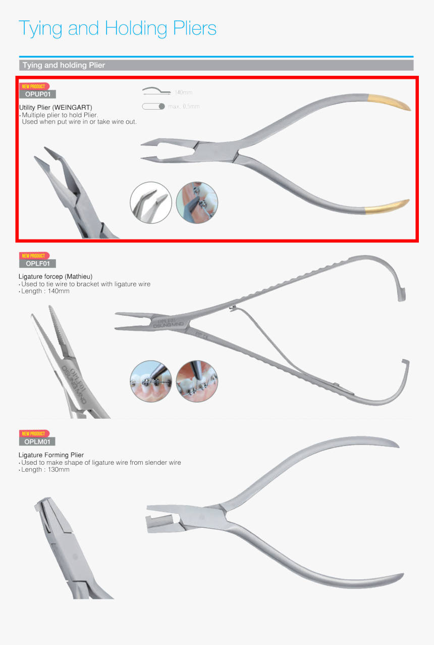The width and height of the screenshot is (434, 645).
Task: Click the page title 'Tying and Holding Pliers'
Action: click(118, 28)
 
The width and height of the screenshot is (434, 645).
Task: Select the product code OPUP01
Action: click(37, 94)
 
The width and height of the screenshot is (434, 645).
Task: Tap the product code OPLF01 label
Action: click(37, 263)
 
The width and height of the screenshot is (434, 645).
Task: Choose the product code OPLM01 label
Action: click(37, 441)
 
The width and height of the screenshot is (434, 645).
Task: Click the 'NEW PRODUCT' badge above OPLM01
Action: click(33, 433)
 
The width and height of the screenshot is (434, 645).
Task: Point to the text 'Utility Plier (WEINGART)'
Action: click(56, 107)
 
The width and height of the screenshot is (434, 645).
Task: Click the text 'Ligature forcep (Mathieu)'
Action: click(56, 276)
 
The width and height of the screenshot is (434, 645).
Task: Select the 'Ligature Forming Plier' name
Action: click(51, 455)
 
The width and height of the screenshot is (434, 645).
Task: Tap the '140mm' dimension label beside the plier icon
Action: click(183, 92)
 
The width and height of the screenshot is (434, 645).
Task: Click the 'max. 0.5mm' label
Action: click(184, 107)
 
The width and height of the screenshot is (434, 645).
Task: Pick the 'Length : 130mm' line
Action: click(44, 470)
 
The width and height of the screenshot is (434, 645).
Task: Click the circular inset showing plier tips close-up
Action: click(151, 203)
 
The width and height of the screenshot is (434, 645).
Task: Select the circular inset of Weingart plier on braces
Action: click(197, 203)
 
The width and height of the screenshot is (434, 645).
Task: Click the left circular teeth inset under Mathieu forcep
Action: click(151, 381)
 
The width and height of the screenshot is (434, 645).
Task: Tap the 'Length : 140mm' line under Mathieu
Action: click(44, 291)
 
